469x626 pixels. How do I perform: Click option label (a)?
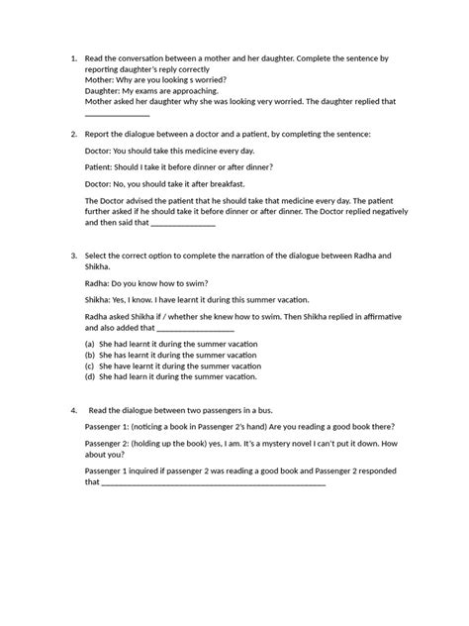tap(90, 345)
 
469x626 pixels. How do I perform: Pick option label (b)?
tap(90, 355)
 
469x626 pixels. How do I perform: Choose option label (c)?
tap(90, 365)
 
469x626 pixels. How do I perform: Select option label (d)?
tap(90, 376)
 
